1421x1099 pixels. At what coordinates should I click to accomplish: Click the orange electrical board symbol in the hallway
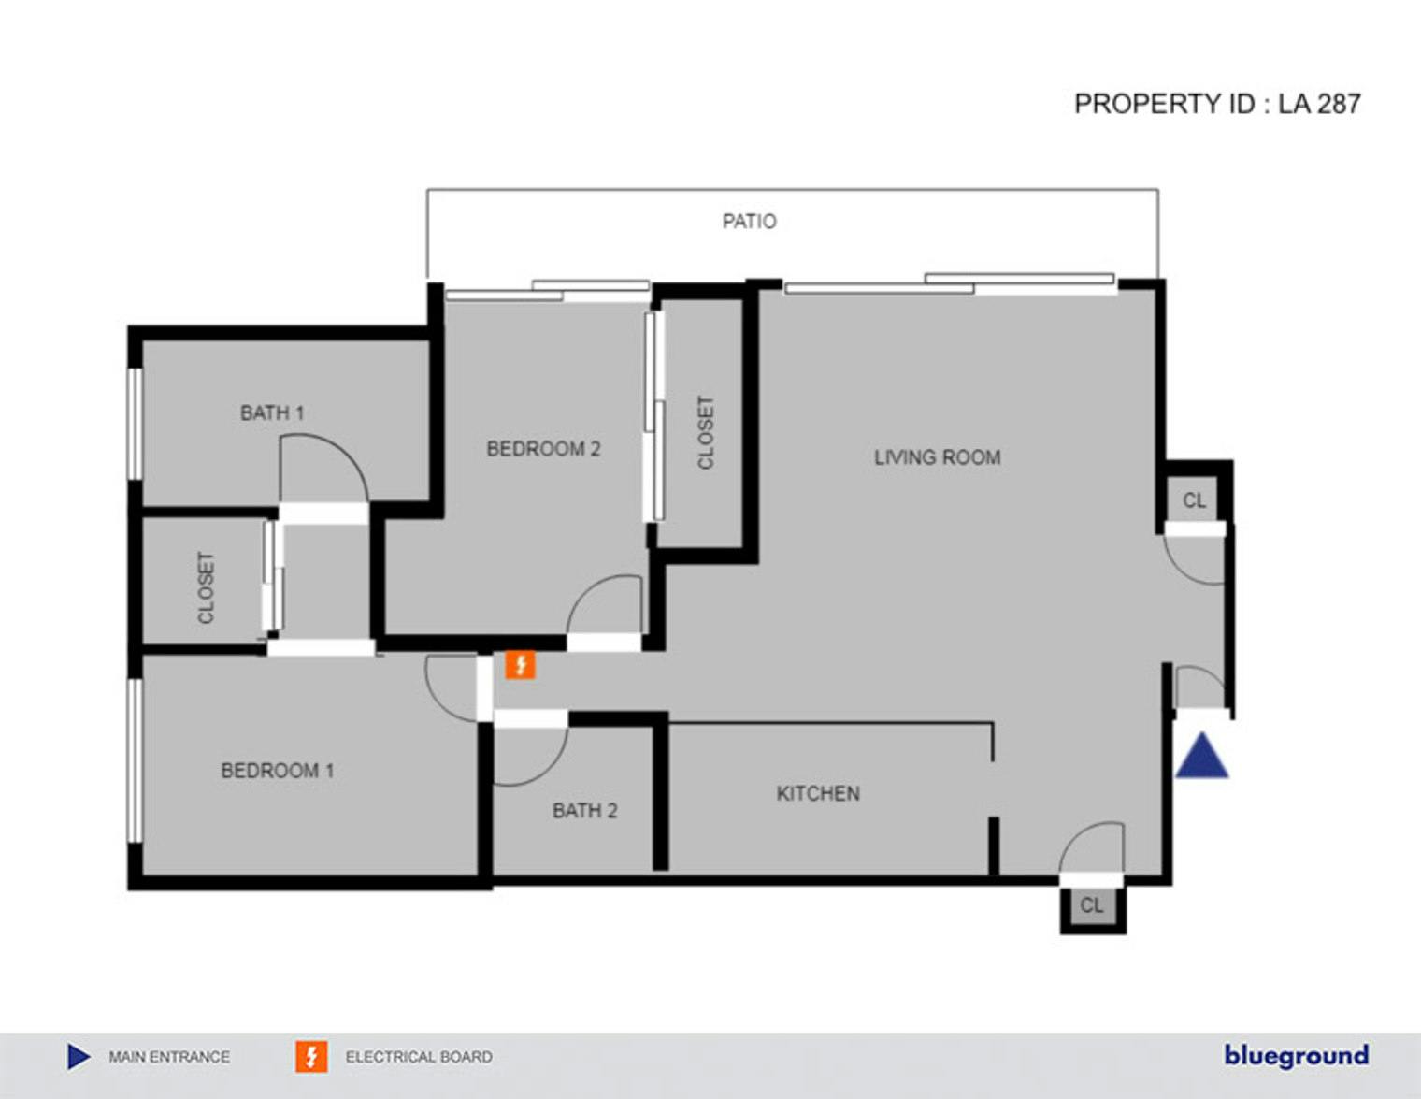(x=520, y=665)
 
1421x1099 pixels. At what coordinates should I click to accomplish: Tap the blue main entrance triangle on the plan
(x=1202, y=756)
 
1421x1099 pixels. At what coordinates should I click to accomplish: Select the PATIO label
(x=750, y=222)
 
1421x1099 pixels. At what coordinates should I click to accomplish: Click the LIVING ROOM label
(x=937, y=457)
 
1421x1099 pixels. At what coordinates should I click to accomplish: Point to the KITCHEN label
(x=818, y=793)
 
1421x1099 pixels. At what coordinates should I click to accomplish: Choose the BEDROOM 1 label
(x=278, y=771)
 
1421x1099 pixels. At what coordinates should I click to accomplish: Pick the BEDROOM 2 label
(x=543, y=449)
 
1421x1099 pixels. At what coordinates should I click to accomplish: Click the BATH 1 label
(x=272, y=412)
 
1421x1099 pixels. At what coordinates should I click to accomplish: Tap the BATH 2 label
(x=584, y=811)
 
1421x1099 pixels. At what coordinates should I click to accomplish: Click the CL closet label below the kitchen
(x=1091, y=905)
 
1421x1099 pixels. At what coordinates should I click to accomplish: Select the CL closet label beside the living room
(x=1194, y=500)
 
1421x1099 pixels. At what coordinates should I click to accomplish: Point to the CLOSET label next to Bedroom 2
(x=706, y=432)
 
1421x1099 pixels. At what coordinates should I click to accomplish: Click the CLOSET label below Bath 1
(x=206, y=587)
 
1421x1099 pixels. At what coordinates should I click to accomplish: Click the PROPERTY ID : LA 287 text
(x=1217, y=104)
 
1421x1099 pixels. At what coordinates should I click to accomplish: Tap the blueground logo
(x=1296, y=1056)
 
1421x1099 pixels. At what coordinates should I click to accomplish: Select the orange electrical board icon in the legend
(x=311, y=1057)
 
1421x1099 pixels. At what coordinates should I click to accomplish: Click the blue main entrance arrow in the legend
(x=79, y=1057)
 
